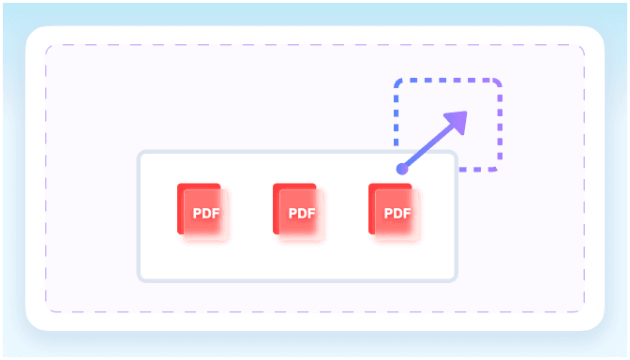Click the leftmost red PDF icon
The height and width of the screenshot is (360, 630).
point(202,212)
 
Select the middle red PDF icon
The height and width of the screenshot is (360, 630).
point(298,212)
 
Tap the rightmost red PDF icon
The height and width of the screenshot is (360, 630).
point(394,212)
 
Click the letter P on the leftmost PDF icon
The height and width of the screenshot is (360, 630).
point(197,213)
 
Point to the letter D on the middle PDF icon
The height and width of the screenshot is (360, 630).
point(302,213)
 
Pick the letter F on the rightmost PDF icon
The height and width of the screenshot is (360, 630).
point(407,213)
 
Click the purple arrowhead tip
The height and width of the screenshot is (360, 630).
point(467,112)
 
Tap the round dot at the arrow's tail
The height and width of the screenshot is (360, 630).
point(402,169)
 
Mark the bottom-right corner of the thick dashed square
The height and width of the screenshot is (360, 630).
point(499,169)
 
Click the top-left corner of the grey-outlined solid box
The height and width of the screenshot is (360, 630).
point(140,153)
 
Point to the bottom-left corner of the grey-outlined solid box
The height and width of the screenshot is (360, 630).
point(140,279)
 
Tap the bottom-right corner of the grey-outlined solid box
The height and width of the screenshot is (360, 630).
point(456,279)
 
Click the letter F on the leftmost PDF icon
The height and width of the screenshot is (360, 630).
point(216,213)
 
